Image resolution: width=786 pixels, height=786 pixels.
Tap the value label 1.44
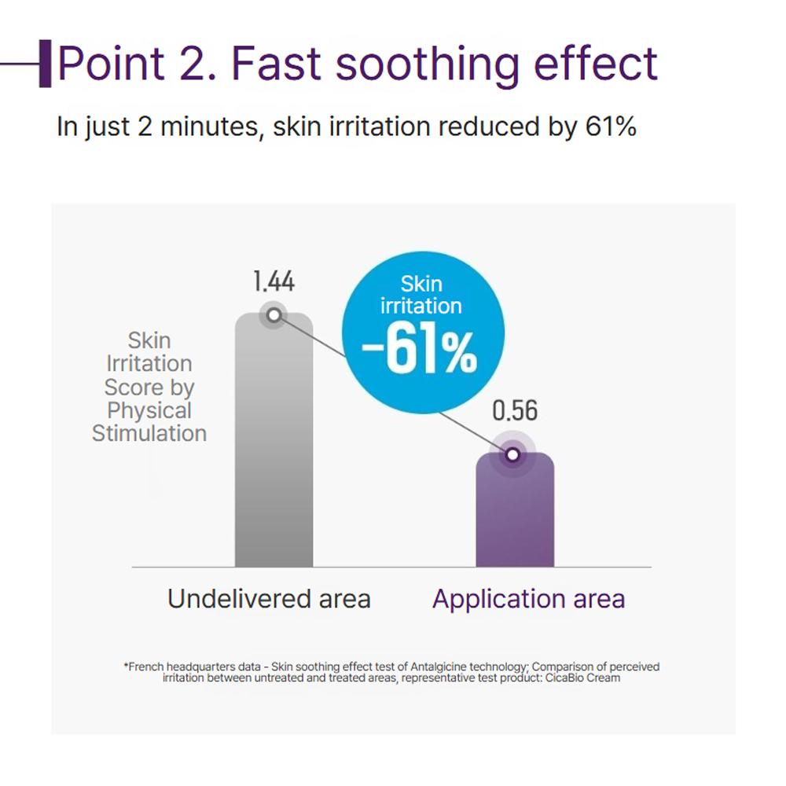(274, 281)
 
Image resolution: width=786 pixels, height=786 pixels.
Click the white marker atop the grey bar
(274, 315)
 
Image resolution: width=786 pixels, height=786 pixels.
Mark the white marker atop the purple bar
(512, 454)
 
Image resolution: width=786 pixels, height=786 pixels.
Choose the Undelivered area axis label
(269, 599)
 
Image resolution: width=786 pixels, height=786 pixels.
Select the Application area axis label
(528, 599)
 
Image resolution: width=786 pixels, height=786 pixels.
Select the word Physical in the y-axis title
(149, 410)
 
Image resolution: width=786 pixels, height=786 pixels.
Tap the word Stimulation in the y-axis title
(149, 433)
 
